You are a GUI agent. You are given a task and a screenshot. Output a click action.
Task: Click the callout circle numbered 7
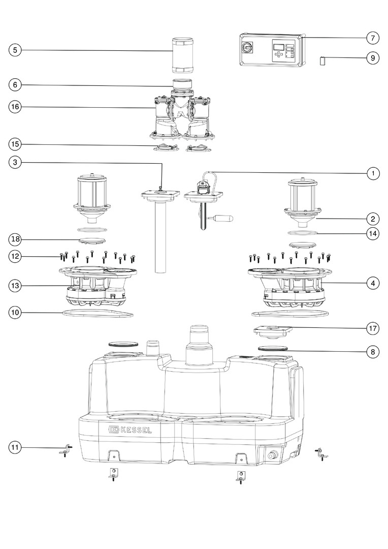pyautogui.click(x=372, y=38)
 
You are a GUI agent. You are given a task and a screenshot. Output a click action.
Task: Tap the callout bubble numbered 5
pyautogui.click(x=15, y=50)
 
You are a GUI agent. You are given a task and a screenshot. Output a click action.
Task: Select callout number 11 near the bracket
pyautogui.click(x=15, y=447)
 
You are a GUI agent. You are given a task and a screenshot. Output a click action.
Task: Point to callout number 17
pyautogui.click(x=372, y=328)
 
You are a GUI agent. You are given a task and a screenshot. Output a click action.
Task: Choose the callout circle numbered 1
pyautogui.click(x=372, y=173)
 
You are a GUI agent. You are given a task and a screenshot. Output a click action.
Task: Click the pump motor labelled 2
pyautogui.click(x=302, y=198)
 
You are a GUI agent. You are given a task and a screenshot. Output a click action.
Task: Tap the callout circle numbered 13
pyautogui.click(x=15, y=286)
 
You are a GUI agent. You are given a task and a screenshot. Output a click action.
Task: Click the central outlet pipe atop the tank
pyautogui.click(x=199, y=345)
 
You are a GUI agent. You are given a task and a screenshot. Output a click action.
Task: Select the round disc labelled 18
pyautogui.click(x=92, y=239)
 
